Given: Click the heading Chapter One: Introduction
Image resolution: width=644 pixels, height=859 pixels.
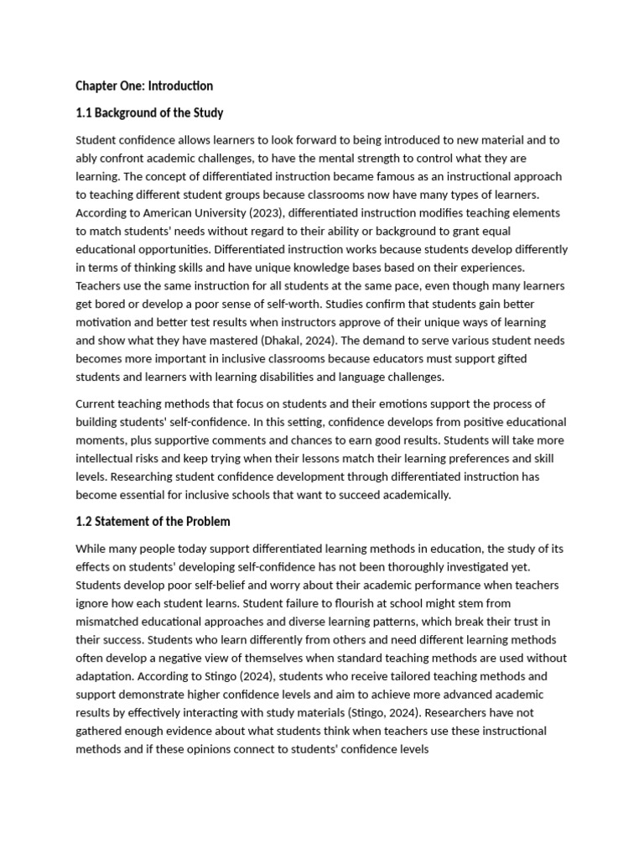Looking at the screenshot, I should [144, 86].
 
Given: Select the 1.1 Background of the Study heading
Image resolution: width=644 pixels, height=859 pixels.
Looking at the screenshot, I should [149, 112].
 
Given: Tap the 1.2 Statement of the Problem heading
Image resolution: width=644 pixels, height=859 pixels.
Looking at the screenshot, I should [153, 522].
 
